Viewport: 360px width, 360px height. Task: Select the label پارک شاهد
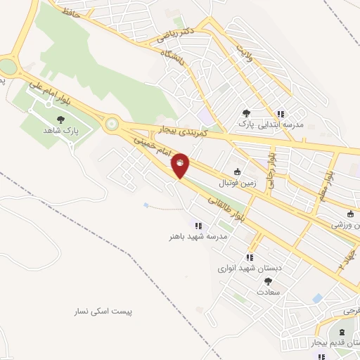(62, 131)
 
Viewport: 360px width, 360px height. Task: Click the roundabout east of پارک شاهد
(110, 125)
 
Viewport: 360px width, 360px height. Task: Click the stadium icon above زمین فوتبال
(236, 171)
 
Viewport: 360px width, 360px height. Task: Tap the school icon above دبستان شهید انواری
(250, 257)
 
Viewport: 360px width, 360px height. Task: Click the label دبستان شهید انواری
(240, 268)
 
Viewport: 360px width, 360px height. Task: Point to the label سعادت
(269, 291)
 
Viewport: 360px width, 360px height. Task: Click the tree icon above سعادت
(267, 281)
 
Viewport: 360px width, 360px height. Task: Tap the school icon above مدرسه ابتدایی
(280, 113)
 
